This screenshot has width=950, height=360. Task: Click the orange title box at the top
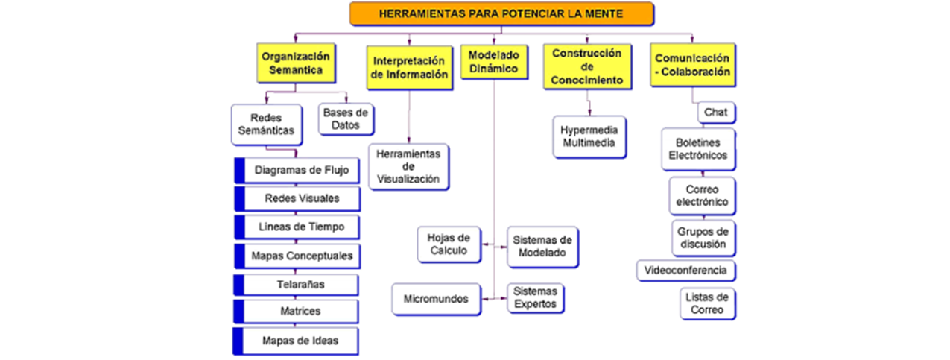coord(501,13)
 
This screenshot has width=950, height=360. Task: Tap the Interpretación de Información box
coord(409,67)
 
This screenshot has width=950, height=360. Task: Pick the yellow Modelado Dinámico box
coord(494,62)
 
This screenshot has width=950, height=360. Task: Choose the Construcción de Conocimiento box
coord(587,66)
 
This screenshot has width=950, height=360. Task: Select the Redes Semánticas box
coord(266,124)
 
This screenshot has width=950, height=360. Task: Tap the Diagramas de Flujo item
coord(302,171)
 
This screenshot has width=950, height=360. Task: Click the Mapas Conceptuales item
coord(302,256)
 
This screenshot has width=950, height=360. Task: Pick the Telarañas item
coord(302,284)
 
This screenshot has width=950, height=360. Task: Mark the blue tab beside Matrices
coord(238,312)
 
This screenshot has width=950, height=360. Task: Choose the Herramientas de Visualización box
coord(408,166)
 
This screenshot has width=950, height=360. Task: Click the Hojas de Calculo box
coord(449,244)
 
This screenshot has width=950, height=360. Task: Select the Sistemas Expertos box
coord(535,298)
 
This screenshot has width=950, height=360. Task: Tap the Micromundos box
coord(436,299)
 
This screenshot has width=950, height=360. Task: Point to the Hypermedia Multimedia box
coord(589,136)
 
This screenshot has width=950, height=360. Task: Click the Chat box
coord(716,113)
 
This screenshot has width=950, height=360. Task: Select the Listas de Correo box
coord(707,303)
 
